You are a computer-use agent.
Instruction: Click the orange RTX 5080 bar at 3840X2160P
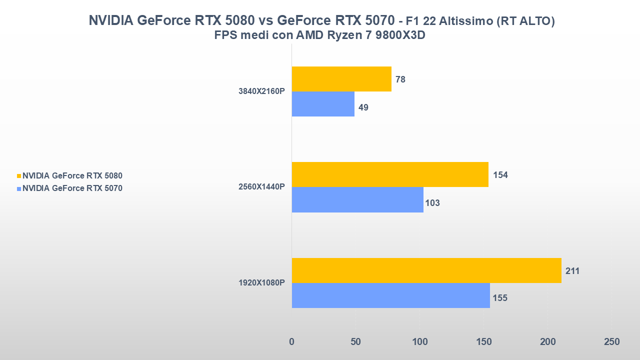(x=341, y=79)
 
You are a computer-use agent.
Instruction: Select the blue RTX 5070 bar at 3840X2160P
(x=323, y=104)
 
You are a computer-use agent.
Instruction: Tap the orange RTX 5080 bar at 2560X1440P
(x=390, y=174)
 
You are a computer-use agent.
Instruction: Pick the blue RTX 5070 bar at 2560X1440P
(x=357, y=200)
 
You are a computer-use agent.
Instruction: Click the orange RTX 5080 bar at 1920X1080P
(x=426, y=270)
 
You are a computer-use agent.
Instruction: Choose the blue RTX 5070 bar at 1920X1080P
(x=390, y=295)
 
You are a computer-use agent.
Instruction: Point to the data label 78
(x=400, y=79)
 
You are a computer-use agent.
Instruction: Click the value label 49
(x=363, y=107)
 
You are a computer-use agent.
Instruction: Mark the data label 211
(x=572, y=271)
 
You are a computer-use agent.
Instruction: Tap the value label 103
(x=432, y=203)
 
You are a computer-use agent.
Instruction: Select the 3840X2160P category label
(x=262, y=91)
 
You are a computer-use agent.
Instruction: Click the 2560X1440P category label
(x=262, y=187)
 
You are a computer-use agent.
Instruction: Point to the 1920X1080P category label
(x=262, y=283)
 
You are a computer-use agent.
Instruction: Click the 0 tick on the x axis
(x=292, y=342)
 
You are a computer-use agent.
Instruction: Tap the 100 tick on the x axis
(x=419, y=342)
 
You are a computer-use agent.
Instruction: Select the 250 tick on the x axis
(x=611, y=342)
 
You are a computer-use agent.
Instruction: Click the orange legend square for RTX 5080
(x=19, y=176)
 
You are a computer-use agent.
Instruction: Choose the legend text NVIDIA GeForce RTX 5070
(x=72, y=188)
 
